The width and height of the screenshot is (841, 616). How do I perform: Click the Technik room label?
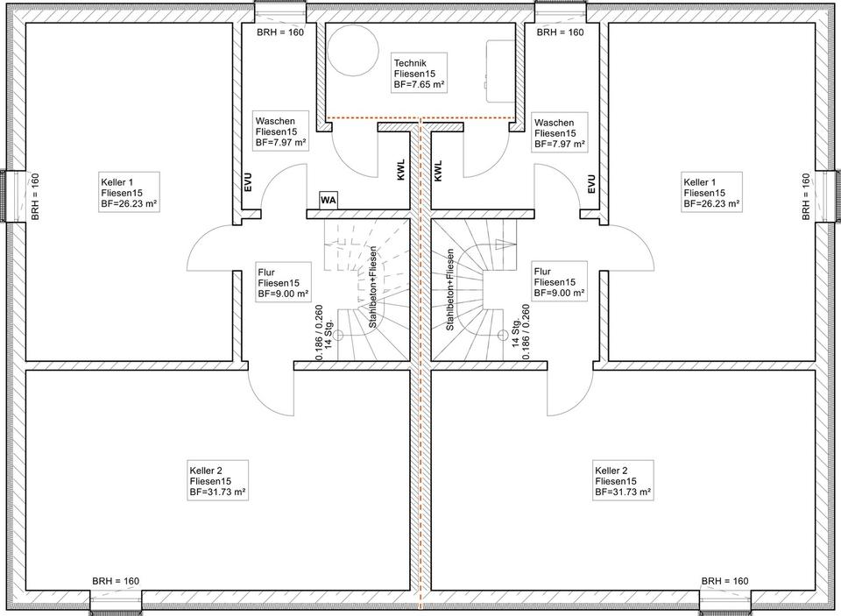[419, 74]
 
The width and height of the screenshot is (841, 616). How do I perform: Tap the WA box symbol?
[329, 201]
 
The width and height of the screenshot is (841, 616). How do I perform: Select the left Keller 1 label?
[130, 193]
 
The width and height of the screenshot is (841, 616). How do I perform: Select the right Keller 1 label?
[711, 193]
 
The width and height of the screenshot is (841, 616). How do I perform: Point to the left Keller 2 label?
[218, 481]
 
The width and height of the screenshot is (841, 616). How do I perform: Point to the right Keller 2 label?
[623, 481]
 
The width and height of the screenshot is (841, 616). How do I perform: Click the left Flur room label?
[283, 283]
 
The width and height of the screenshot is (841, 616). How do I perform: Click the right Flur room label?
[560, 282]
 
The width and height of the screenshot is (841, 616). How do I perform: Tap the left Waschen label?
[280, 132]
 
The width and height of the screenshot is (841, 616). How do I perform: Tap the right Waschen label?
[560, 133]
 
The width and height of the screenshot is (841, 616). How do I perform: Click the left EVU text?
[248, 183]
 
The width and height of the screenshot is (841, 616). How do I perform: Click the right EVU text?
[591, 183]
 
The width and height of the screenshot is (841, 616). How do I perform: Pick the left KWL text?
[402, 170]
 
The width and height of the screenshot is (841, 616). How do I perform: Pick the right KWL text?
[439, 170]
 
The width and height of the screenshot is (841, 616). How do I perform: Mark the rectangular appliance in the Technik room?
[500, 71]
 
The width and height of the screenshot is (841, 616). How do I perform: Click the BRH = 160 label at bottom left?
[116, 581]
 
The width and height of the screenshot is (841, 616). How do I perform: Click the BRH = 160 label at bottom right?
[724, 581]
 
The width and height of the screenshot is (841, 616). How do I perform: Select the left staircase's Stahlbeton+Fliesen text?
[373, 287]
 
